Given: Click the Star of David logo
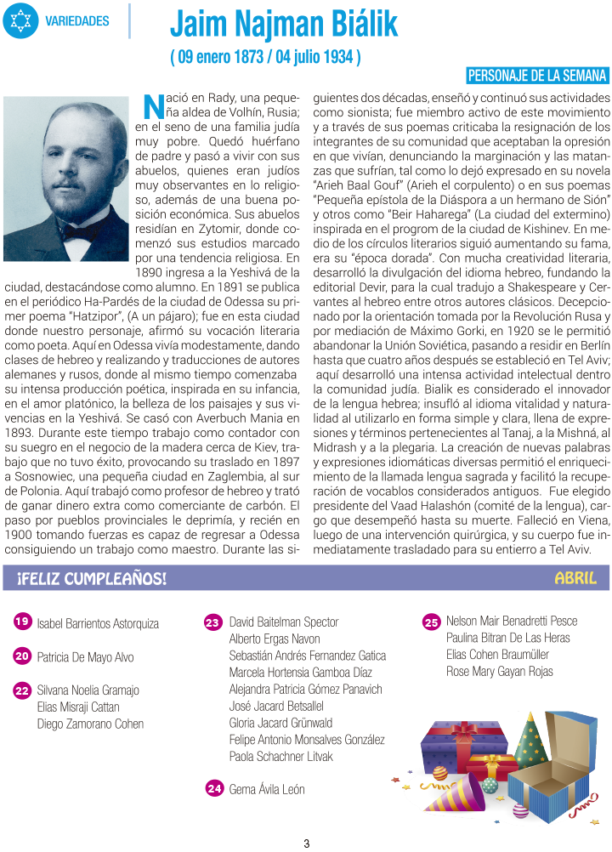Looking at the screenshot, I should click(20, 20).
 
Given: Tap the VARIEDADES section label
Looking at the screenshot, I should click(77, 20).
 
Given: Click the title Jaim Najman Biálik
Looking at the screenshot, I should click(284, 26).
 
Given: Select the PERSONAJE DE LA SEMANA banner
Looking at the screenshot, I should click(538, 75).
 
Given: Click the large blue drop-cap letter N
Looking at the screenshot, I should click(153, 105).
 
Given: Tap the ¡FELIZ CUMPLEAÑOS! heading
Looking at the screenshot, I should click(92, 579).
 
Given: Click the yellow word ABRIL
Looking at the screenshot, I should click(581, 578).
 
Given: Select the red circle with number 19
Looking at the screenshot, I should click(23, 622).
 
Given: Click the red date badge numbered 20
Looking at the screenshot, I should click(23, 656).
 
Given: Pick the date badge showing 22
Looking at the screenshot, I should click(23, 690).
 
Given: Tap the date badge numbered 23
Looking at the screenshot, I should click(214, 622).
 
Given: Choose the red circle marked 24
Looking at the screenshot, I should click(214, 788).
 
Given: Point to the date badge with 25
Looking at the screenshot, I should click(431, 622).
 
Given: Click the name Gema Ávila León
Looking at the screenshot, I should click(267, 790).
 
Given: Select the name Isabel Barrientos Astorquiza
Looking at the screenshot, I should click(98, 624).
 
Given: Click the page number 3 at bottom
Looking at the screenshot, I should click(306, 843).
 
